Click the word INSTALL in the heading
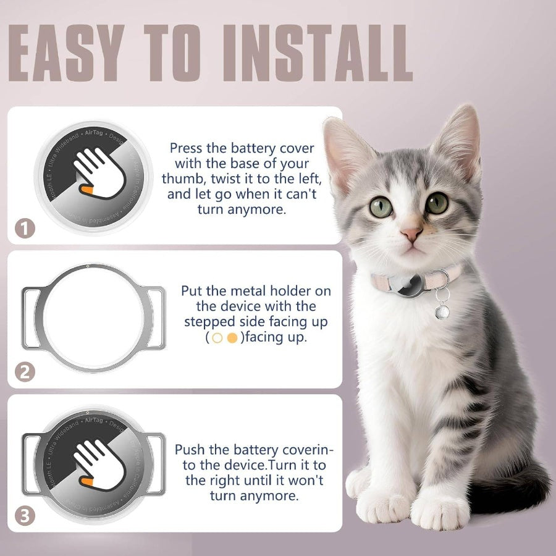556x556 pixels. coord(327,53)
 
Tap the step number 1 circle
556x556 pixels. coord(25,229)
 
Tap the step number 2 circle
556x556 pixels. coord(25,373)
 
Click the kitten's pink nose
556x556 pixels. coord(411,234)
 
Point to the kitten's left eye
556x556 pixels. coord(381,206)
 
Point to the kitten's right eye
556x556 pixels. coord(437,203)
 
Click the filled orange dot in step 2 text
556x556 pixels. coord(232,338)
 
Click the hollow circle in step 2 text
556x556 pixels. coord(217,338)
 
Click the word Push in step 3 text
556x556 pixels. coord(190,449)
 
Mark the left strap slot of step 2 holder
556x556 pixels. coord(32,318)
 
